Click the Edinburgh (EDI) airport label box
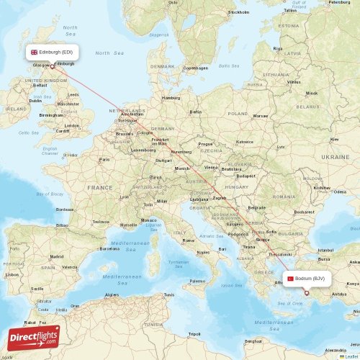(52, 52)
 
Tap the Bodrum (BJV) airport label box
(307, 279)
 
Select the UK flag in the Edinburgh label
(34, 52)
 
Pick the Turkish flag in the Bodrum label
(290, 279)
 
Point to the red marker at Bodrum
(307, 293)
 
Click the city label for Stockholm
(238, 12)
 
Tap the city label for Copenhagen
(195, 68)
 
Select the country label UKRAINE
(335, 156)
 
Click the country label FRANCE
(100, 187)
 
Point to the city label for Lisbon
(12, 274)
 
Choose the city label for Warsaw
(260, 115)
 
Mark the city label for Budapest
(246, 176)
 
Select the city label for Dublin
(35, 101)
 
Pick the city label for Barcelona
(109, 248)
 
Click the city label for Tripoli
(194, 334)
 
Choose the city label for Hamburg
(171, 98)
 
